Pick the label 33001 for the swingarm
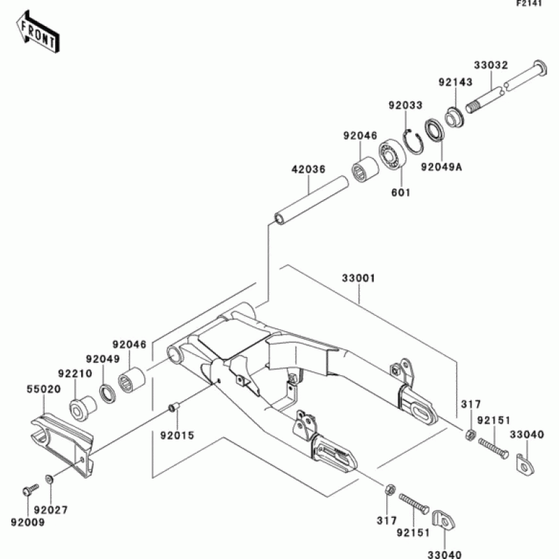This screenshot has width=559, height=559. pos(358,278)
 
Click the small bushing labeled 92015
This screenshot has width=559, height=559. pos(174,407)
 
